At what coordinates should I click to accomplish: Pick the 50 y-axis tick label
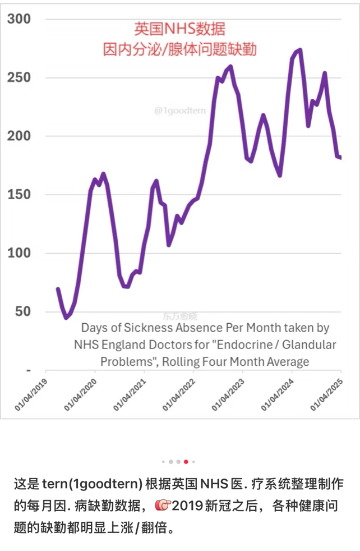22,311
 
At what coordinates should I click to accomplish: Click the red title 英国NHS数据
179,29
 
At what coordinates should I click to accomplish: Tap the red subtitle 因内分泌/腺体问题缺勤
179,49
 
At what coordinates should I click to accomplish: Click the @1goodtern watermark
179,111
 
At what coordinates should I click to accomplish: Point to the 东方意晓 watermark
180,316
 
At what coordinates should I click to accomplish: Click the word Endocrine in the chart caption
264,345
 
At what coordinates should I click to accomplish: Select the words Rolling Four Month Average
236,361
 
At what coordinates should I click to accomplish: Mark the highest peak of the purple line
300,50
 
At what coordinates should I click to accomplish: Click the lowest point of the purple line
66,318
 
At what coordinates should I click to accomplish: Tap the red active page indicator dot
186,462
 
